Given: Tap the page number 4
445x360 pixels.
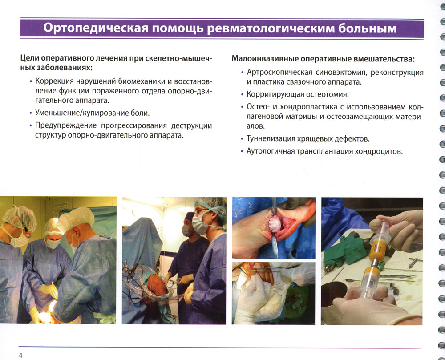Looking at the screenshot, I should tap(20, 355).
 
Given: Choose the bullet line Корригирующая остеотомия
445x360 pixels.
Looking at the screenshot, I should tap(298, 94).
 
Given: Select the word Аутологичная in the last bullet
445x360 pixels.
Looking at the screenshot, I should tap(271, 151).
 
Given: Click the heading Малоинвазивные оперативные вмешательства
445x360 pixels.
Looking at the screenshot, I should tap(323, 59).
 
